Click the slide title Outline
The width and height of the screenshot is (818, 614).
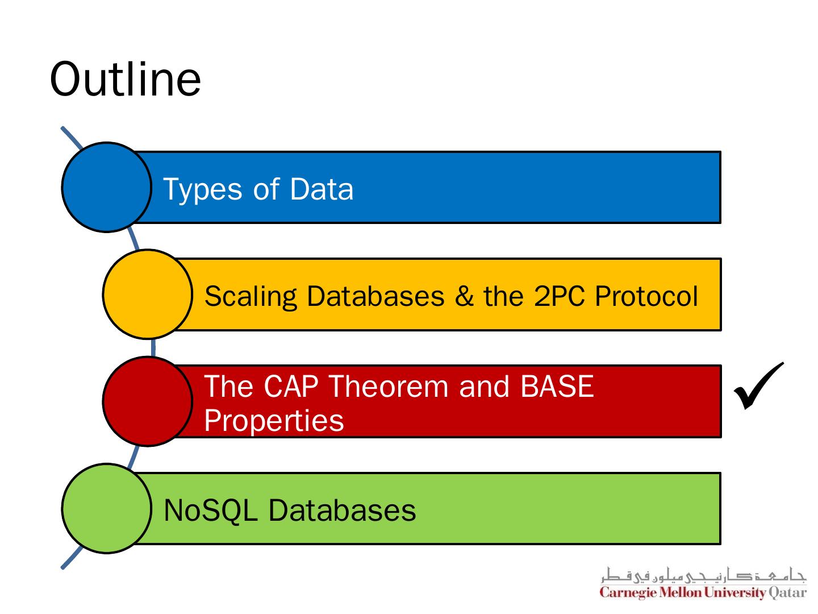(x=126, y=79)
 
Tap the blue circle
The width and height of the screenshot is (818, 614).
(x=106, y=187)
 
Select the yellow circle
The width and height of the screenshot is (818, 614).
(x=147, y=294)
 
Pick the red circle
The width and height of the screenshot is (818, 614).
(x=147, y=401)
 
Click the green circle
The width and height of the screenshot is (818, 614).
(x=106, y=508)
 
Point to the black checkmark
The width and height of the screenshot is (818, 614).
(x=758, y=386)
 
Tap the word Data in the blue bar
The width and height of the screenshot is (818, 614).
(x=321, y=189)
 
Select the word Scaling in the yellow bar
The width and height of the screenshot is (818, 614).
(x=251, y=297)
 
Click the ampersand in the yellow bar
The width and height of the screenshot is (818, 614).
(x=464, y=296)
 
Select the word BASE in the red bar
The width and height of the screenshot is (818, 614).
(x=556, y=387)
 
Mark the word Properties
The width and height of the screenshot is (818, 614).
(x=274, y=421)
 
